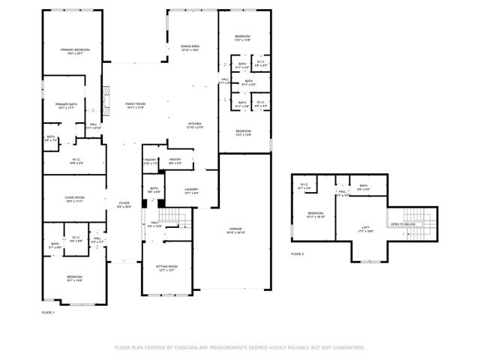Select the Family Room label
coord(135,104)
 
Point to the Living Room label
coord(73,197)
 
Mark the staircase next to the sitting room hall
coord(176,218)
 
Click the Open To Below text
coord(402,224)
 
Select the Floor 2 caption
coord(298,254)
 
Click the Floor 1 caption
coord(48,312)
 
